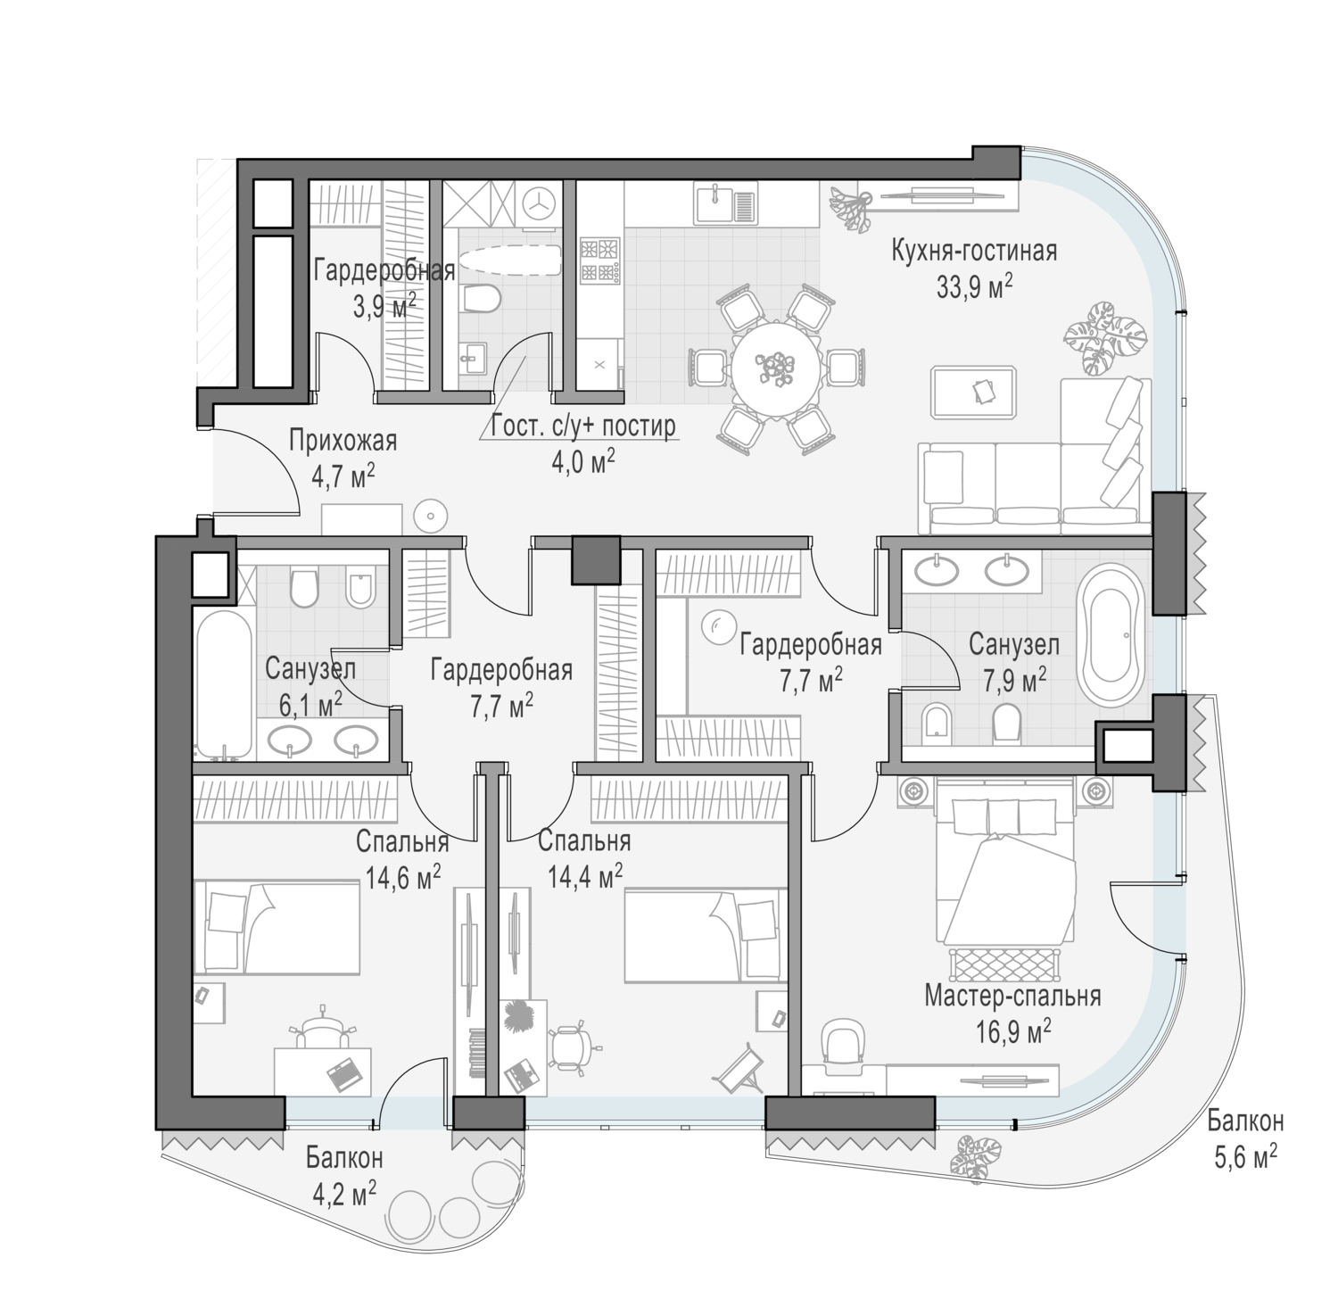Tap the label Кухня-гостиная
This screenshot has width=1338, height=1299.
click(x=974, y=252)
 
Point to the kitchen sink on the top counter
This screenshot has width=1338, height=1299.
click(x=726, y=205)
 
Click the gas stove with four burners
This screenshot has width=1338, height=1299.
click(x=600, y=261)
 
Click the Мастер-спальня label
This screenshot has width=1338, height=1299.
click(x=1012, y=996)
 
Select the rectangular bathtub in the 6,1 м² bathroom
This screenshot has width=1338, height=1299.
click(x=221, y=683)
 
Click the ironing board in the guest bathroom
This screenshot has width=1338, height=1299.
click(x=508, y=262)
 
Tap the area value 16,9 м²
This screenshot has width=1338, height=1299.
click(x=1012, y=1033)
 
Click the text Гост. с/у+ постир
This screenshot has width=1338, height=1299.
click(x=583, y=426)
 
